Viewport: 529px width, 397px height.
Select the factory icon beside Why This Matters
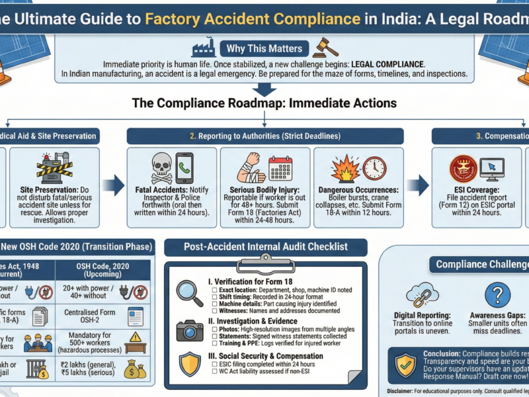[x=204, y=48]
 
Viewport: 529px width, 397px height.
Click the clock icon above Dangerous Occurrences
[x=374, y=167]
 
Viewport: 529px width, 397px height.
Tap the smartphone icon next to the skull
[x=184, y=167]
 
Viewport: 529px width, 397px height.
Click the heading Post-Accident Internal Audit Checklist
[x=265, y=247]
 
